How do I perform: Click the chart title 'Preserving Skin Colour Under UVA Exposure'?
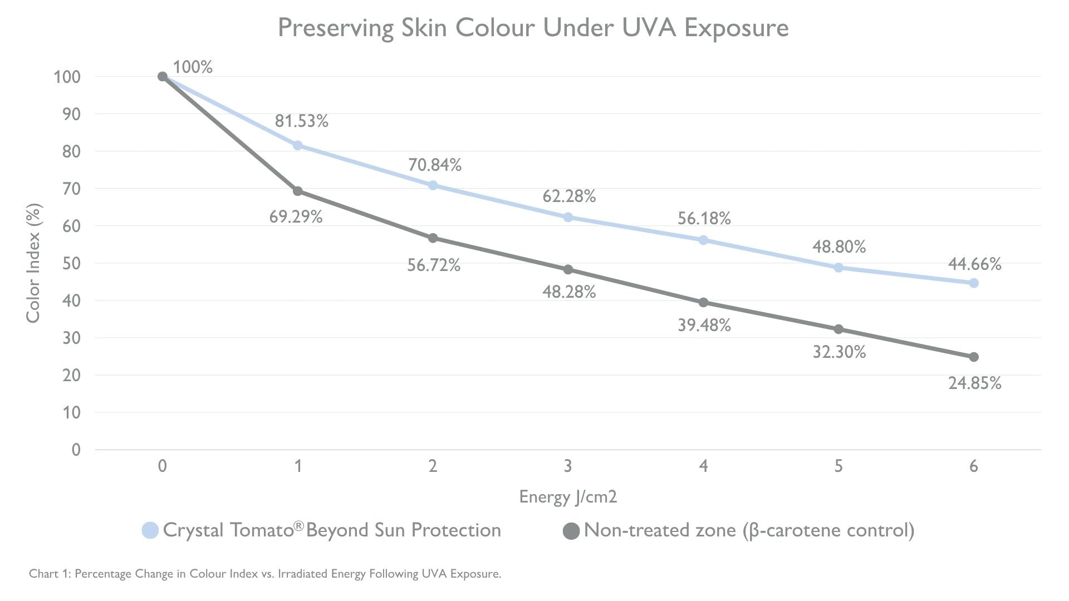point(533,28)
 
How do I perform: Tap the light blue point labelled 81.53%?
point(297,145)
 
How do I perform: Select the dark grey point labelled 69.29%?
point(297,191)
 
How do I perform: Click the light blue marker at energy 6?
point(973,283)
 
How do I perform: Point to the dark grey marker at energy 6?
point(973,357)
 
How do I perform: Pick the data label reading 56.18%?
point(704,219)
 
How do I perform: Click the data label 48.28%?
point(568,292)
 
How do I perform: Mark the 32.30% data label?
point(839,352)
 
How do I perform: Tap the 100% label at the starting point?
point(193,67)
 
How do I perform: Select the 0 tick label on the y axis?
point(76,450)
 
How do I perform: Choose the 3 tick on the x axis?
point(568,466)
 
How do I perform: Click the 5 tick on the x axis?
point(838,466)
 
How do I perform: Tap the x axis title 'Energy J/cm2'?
point(568,496)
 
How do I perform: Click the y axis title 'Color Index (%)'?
point(33,263)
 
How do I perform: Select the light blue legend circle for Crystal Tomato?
point(150,530)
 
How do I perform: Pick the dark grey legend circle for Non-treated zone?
point(571,530)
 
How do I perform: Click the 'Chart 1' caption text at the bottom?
point(265,574)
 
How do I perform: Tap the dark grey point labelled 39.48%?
point(703,302)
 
